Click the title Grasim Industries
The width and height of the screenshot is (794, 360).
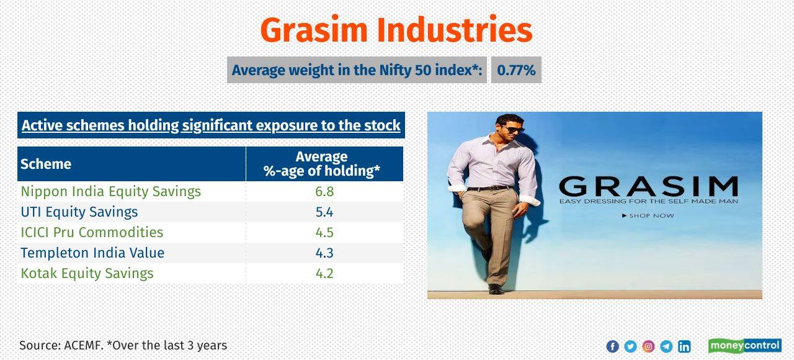coord(396,30)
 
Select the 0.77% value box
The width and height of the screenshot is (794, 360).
coord(516,70)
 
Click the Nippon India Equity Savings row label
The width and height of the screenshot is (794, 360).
coord(110,191)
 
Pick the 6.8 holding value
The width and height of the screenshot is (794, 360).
coord(324,191)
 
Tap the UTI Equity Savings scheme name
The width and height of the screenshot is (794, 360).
coord(79,212)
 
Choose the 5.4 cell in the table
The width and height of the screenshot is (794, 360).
coord(324,212)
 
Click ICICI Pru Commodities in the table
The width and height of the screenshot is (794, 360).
coord(92,232)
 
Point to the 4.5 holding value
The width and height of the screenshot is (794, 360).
coord(324,232)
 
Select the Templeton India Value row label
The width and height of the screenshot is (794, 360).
coord(92,253)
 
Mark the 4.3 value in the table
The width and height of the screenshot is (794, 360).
coord(324,253)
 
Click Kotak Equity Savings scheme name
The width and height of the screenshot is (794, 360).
coord(87,273)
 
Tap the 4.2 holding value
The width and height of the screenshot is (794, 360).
coord(324,273)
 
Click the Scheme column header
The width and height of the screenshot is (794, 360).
coord(46,164)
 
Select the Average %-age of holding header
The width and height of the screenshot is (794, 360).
coord(322,164)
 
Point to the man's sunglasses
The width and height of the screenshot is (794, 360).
coord(513,130)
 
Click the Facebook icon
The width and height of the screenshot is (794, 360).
coord(612,346)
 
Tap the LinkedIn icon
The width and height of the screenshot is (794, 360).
coord(684,346)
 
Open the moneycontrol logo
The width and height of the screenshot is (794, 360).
coord(744,346)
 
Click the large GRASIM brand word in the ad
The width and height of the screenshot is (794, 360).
coord(648,186)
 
